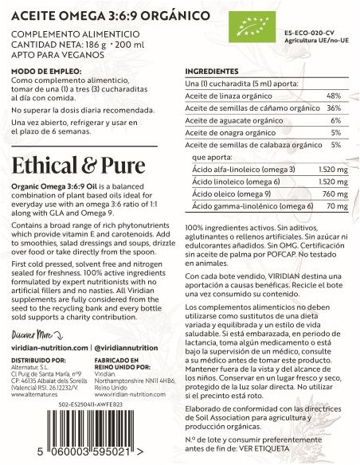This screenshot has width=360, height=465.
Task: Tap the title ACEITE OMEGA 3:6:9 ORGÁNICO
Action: [112, 16]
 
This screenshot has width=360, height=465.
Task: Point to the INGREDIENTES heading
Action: [211, 71]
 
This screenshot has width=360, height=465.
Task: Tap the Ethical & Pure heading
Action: [79, 165]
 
